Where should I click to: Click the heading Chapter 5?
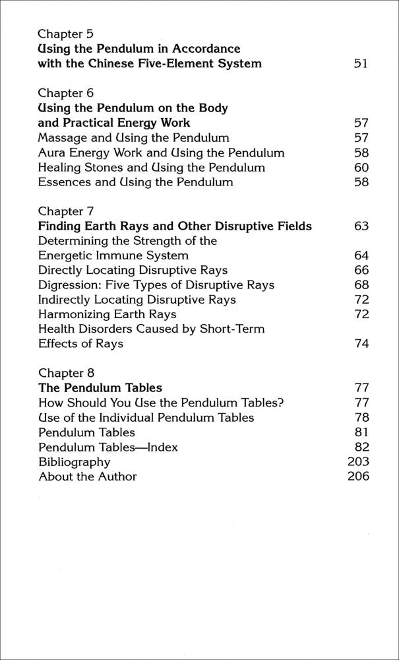click(x=60, y=34)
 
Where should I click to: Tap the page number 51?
click(x=360, y=64)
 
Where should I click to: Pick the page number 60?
click(x=361, y=168)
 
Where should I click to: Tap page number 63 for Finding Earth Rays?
click(x=361, y=226)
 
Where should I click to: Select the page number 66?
click(x=361, y=270)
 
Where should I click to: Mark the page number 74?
click(x=361, y=343)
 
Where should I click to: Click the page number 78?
click(x=361, y=417)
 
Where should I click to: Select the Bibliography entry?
click(x=74, y=462)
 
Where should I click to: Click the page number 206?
click(x=358, y=477)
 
